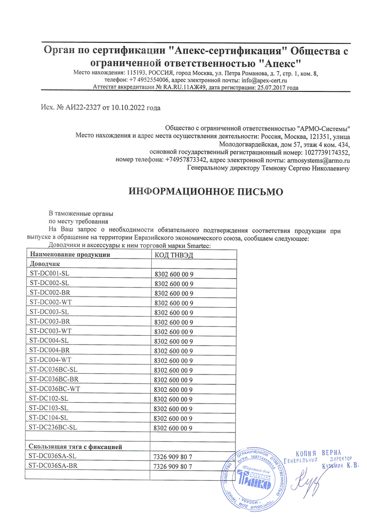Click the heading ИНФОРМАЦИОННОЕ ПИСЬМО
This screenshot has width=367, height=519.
pos(206,192)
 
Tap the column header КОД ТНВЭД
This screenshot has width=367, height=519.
pos(173,255)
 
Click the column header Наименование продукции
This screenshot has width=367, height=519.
pos(69,255)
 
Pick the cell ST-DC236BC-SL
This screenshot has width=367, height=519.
pos(53,427)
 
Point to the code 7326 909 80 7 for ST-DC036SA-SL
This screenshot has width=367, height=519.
pos(173,457)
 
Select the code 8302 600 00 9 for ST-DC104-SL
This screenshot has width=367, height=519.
pos(173,418)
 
